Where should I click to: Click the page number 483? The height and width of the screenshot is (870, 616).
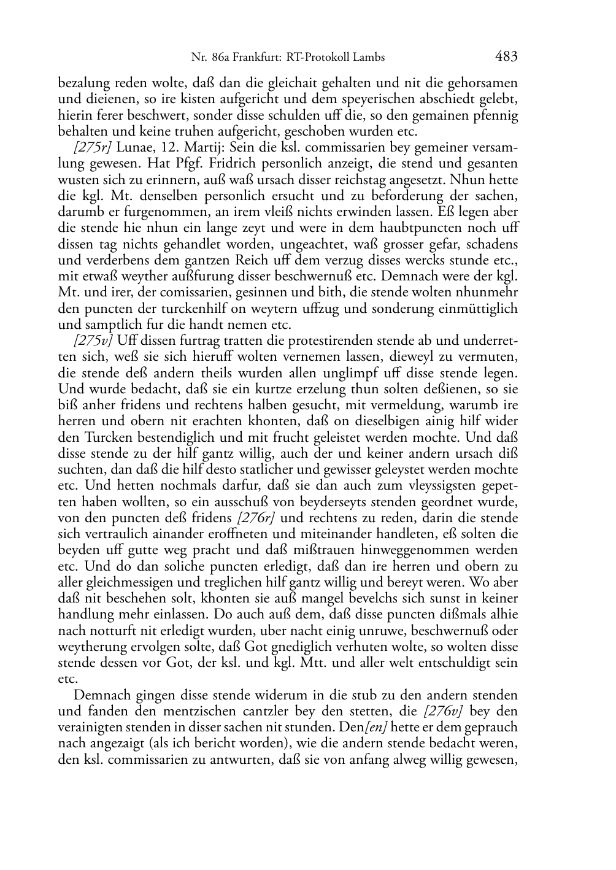pos(506,57)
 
